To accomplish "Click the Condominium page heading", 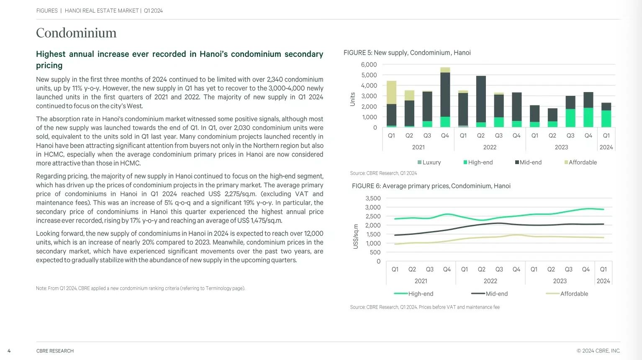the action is point(76,33).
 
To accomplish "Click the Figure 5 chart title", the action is point(407,53).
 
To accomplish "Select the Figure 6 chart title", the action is point(431,186).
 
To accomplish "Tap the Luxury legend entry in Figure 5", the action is point(429,162).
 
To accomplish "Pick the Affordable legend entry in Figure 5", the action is point(580,162).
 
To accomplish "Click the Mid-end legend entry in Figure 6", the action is point(490,294).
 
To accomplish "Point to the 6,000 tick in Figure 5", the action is point(369,64).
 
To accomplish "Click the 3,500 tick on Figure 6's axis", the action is point(373,198).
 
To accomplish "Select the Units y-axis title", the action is point(352,99).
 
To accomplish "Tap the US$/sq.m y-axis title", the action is point(356,237).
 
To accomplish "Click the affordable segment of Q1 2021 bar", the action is point(391,92).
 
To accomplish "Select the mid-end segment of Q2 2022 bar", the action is point(481,99).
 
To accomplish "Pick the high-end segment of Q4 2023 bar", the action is point(588,118).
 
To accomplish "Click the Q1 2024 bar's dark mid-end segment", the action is point(606,107).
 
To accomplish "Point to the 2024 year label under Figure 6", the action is point(603,281).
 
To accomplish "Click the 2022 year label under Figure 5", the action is point(490,147).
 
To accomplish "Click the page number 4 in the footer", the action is point(9,351).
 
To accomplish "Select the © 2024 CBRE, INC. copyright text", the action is point(598,351).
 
